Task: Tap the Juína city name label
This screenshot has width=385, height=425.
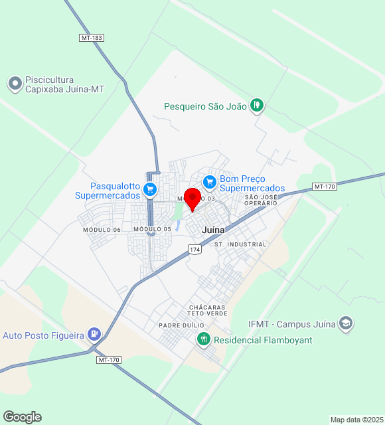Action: click(213, 230)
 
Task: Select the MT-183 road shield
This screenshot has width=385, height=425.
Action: click(92, 38)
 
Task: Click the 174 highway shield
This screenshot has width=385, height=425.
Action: click(194, 249)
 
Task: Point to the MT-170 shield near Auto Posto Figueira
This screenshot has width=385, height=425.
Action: click(109, 360)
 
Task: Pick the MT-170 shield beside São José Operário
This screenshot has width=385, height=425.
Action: click(325, 187)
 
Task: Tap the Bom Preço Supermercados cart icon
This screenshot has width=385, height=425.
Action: click(210, 181)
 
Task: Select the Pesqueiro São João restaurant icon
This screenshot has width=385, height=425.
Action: click(257, 105)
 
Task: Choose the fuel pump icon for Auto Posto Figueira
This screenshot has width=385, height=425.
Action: click(94, 335)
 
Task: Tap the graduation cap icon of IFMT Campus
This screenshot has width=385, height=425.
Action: click(345, 324)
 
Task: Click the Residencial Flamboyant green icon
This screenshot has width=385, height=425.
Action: click(204, 339)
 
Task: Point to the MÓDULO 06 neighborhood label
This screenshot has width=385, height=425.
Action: click(102, 230)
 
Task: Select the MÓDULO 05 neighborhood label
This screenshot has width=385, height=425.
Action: click(152, 229)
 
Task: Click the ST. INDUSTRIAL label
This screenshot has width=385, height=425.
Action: click(240, 244)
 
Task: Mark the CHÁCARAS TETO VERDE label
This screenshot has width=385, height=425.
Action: click(207, 310)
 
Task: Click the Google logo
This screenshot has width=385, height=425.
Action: click(22, 417)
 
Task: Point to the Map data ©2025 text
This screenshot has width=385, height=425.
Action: click(356, 420)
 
